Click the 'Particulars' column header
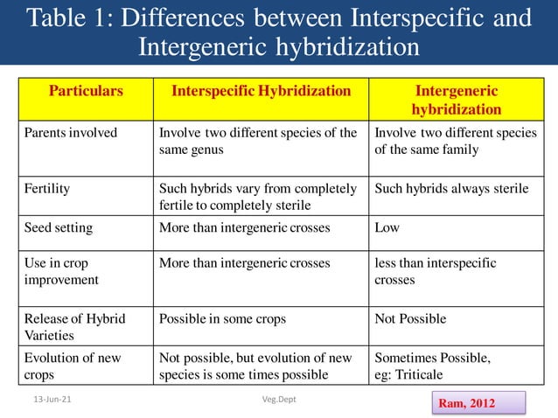86,91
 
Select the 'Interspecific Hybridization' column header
261,91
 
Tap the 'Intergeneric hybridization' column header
457,100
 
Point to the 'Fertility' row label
46,188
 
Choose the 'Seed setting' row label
58,227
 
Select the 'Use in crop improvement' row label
61,271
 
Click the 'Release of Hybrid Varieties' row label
74,326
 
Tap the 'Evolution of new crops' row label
73,366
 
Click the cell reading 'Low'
387,227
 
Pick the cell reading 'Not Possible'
410,318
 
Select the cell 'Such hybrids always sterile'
451,188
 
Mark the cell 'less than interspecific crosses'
435,271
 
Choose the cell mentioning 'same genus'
258,141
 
